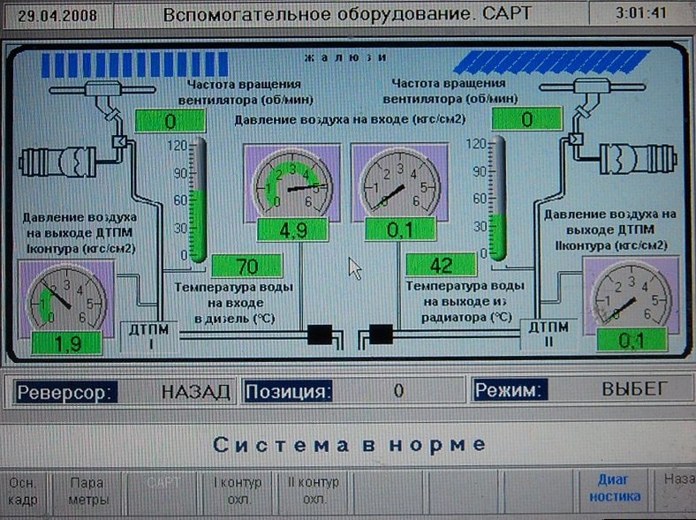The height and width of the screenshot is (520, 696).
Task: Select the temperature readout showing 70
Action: click(x=246, y=265)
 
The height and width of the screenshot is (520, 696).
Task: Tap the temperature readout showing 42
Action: click(x=441, y=265)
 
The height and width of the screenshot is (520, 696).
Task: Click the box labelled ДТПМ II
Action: click(x=549, y=334)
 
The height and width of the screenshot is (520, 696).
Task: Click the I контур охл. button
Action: click(x=238, y=490)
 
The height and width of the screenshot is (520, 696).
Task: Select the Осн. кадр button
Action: click(x=25, y=491)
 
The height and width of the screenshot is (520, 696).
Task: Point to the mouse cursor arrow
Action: click(x=354, y=268)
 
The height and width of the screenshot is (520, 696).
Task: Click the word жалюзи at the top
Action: click(x=345, y=57)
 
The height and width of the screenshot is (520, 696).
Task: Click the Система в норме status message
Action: click(x=349, y=443)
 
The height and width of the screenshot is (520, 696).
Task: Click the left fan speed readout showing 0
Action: click(x=170, y=120)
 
